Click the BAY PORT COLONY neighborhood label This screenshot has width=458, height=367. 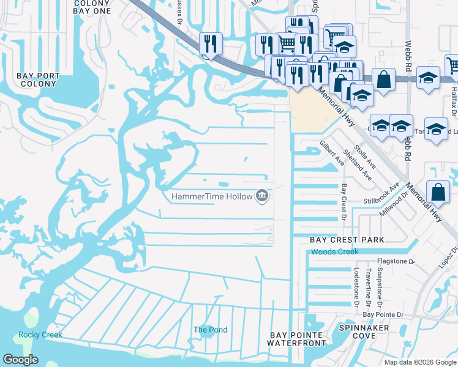click(38, 80)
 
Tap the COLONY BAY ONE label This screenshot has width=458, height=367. click(91, 7)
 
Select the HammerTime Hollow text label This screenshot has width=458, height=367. click(212, 196)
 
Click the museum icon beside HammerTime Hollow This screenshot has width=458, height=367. click(262, 196)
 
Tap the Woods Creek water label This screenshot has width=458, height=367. click(334, 252)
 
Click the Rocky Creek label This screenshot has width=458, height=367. click(40, 335)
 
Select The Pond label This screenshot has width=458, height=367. click(210, 330)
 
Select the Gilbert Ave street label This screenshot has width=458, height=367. click(328, 152)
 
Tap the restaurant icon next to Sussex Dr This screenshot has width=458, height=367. click(210, 44)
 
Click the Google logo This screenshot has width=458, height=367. click(20, 360)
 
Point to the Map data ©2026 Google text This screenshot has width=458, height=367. click(419, 361)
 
